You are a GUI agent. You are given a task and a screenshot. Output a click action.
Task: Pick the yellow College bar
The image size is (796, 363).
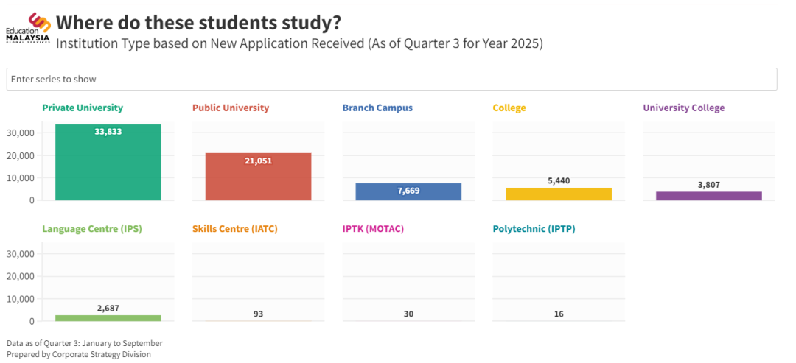click(x=559, y=194)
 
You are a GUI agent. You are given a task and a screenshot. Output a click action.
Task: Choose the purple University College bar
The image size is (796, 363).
click(x=708, y=196)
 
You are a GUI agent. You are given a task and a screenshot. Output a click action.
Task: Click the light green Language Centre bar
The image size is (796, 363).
click(x=108, y=318)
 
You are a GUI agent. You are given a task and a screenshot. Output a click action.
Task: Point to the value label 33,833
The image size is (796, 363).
click(x=108, y=132)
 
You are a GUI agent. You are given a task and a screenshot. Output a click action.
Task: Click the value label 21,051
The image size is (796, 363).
click(x=258, y=161)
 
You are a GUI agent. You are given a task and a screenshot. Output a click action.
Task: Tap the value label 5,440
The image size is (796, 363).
click(x=559, y=180)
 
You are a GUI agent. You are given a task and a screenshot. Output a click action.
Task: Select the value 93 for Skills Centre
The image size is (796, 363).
click(x=258, y=314)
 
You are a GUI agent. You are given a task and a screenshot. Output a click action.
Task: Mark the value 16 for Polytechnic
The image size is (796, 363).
click(x=559, y=314)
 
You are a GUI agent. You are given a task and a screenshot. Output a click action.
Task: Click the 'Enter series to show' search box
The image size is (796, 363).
click(x=391, y=79)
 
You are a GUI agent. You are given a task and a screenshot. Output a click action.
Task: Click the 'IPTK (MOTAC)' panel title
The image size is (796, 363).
click(x=373, y=229)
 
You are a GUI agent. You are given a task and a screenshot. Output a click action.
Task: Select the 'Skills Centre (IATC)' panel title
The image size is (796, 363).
click(x=234, y=229)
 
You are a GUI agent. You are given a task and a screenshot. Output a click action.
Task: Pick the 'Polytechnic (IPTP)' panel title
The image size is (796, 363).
click(x=534, y=229)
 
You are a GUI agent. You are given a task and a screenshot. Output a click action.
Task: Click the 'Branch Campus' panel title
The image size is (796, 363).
click(x=377, y=108)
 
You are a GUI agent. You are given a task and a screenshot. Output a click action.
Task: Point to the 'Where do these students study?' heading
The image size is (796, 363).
click(x=198, y=22)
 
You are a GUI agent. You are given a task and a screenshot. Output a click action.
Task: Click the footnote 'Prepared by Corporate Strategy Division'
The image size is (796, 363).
click(x=78, y=354)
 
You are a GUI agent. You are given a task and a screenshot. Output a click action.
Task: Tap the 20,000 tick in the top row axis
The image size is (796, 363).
click(x=21, y=155)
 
